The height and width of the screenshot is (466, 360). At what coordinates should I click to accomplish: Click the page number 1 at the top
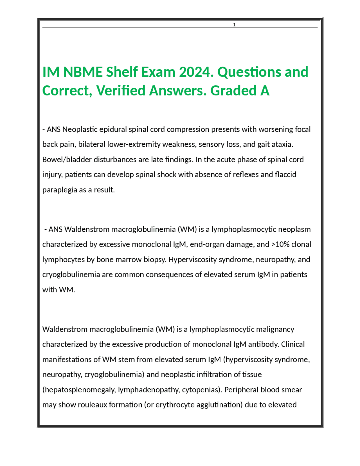pyautogui.click(x=234, y=25)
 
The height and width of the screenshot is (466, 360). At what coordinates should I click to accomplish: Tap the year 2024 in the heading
pyautogui.click(x=195, y=72)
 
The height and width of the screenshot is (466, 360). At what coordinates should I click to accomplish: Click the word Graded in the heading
pyautogui.click(x=233, y=91)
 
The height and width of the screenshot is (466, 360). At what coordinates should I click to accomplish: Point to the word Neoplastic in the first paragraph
pyautogui.click(x=80, y=129)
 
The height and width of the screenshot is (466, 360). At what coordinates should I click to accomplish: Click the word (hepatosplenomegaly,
pyautogui.click(x=79, y=390)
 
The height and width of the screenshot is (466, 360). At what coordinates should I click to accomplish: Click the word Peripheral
pyautogui.click(x=242, y=390)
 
